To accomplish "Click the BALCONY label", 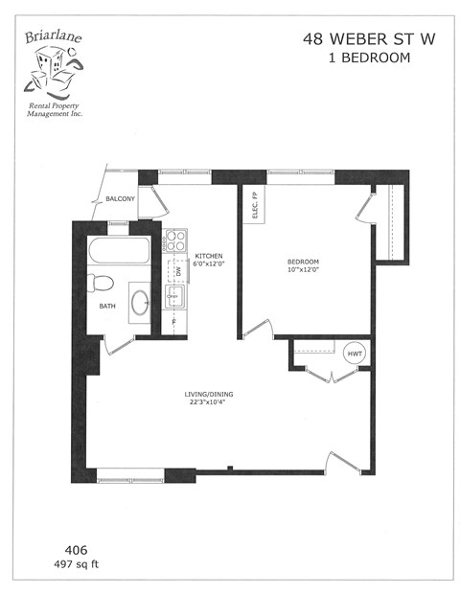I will (120, 199).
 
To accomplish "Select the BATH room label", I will (107, 307).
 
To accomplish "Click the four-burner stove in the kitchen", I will (175, 240).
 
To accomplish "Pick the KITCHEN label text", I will (209, 256).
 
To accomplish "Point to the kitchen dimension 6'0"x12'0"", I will (209, 264).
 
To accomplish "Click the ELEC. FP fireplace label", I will (255, 206).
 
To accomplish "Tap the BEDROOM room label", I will (304, 262).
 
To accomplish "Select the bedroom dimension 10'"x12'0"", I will (304, 271).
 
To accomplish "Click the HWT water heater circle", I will (355, 353).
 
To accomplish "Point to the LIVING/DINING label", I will (210, 393).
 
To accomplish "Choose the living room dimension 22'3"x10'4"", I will (210, 402).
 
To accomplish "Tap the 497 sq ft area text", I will (77, 564).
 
